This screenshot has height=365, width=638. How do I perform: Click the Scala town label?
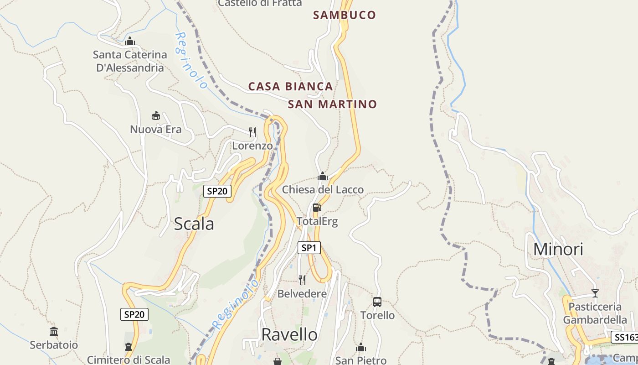[x=194, y=224]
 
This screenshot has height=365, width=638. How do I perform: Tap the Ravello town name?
[x=289, y=335]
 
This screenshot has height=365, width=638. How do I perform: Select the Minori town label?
[x=558, y=250]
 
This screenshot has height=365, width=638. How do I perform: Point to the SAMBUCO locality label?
[x=345, y=15]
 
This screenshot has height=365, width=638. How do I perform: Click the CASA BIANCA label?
[x=290, y=86]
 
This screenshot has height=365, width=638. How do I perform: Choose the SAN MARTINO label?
[x=332, y=104]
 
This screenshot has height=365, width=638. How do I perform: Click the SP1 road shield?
[x=309, y=248]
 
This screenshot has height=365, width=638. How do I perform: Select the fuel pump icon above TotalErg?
[x=317, y=208]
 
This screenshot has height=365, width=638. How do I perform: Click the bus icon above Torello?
[x=377, y=302]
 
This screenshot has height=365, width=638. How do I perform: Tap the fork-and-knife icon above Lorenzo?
[x=252, y=132]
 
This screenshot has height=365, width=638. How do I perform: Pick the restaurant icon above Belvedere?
[x=302, y=280]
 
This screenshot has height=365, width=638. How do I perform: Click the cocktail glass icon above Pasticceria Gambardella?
[x=595, y=293]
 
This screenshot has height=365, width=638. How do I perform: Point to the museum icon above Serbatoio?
[x=54, y=331]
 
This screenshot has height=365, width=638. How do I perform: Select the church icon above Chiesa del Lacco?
[x=323, y=176]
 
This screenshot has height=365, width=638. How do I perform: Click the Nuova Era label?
[x=156, y=130]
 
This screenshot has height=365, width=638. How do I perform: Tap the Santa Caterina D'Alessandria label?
[x=130, y=61]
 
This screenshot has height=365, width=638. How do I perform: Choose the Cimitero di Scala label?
[x=129, y=360]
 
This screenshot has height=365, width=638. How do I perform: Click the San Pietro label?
[x=361, y=360]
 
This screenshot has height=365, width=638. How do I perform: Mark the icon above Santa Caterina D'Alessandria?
[x=130, y=41]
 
